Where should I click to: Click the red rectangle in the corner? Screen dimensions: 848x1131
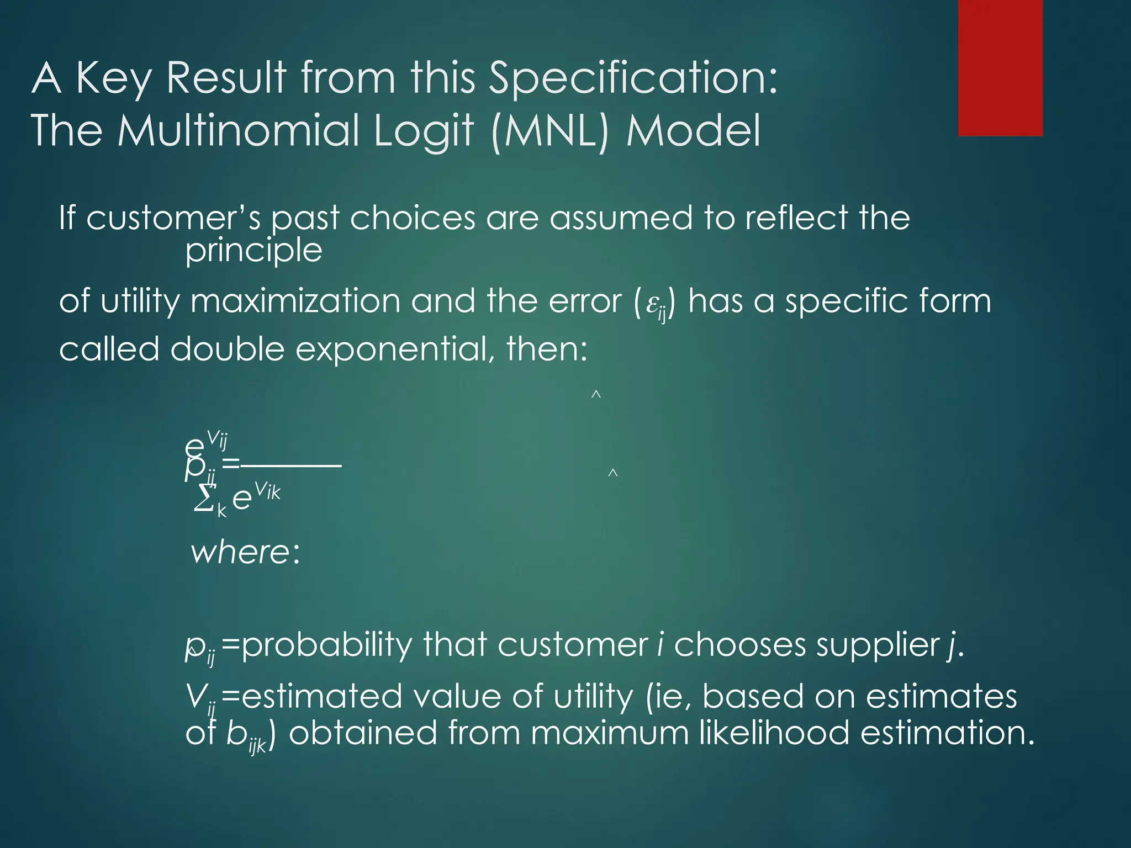point(1000,67)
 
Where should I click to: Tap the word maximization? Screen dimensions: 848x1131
point(295,302)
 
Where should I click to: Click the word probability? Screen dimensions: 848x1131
point(326,645)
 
